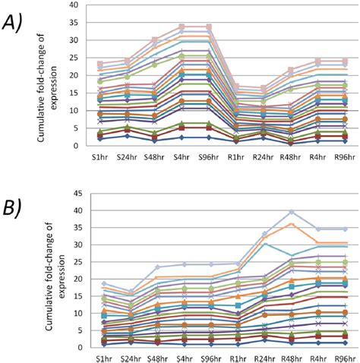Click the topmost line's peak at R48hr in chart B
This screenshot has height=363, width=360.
click(290, 212)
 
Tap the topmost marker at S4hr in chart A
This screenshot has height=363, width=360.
click(182, 26)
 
